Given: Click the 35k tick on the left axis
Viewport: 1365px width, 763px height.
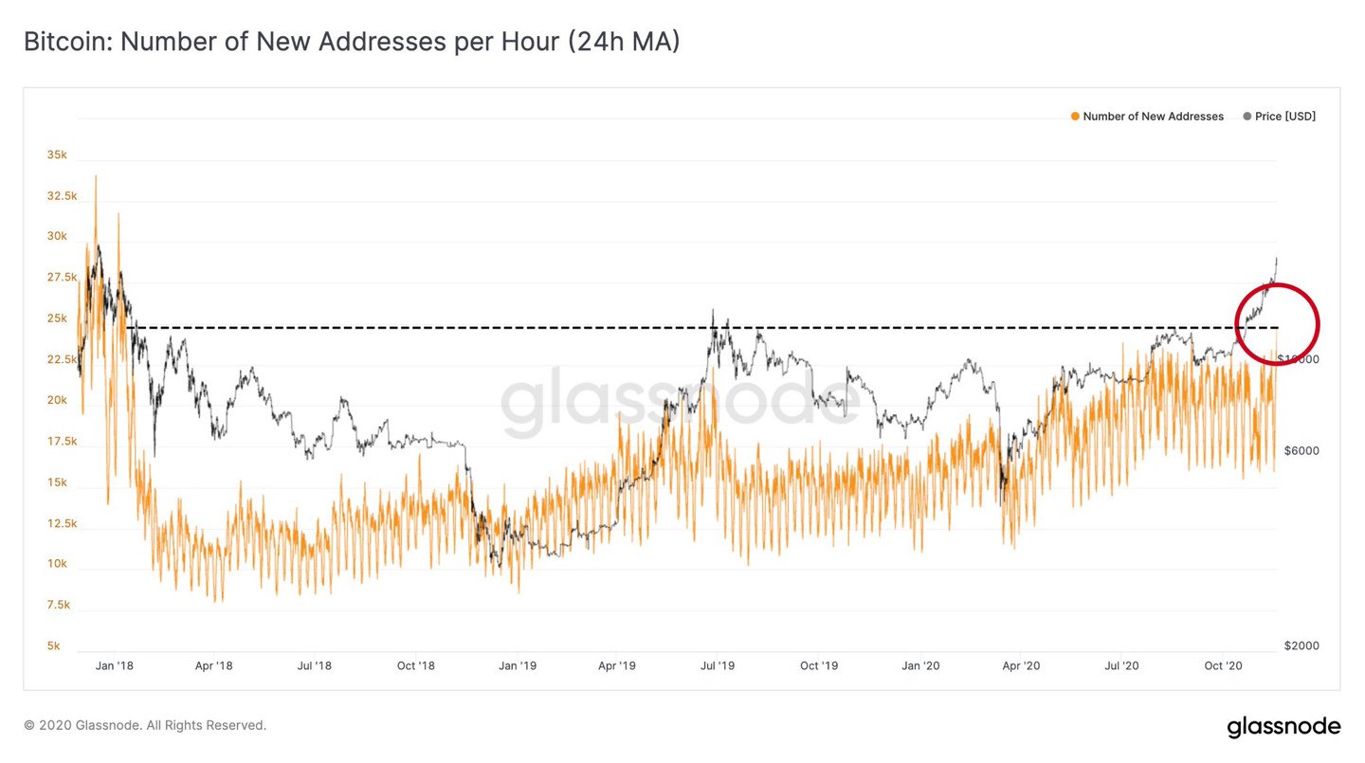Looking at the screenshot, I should coord(57,154).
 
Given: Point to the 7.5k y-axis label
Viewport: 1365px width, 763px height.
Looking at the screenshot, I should coord(57,605).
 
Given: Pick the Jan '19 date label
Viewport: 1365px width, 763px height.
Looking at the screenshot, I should coord(517,666).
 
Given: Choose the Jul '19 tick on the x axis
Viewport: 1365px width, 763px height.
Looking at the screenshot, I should coord(718,666).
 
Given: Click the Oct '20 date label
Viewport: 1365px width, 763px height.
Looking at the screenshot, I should coord(1223,666).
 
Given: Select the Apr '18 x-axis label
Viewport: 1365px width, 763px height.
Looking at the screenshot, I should coord(214,666).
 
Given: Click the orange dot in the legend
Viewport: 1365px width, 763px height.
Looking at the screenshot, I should coord(1075,117).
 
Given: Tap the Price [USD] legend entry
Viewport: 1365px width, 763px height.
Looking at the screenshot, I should coord(1285,117).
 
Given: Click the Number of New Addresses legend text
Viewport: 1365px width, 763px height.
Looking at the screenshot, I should coord(1153,117).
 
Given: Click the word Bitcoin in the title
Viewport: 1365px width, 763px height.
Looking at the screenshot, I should coord(64,43).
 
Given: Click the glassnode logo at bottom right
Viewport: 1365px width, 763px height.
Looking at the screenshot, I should coord(1283,727).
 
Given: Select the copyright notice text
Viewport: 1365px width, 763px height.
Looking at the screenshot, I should coord(145,725).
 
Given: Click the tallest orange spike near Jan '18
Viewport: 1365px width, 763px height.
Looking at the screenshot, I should coord(96,177).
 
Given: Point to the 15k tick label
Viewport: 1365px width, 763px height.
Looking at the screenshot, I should coord(57,482).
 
